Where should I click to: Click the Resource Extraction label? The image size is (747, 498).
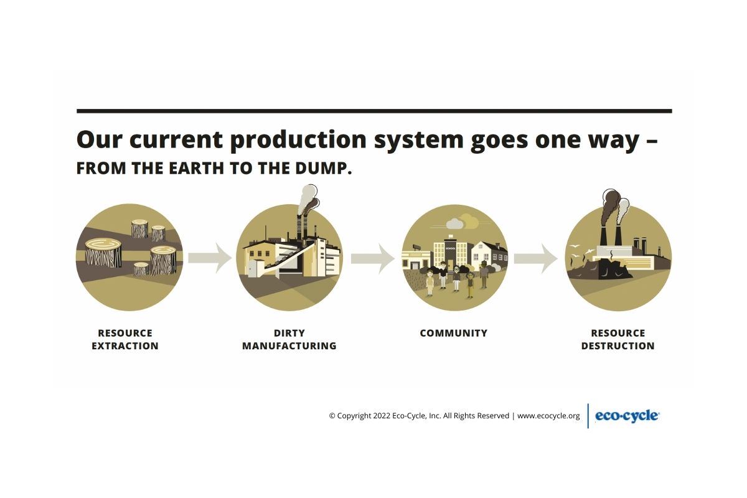pos(125,339)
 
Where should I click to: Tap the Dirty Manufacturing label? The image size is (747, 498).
pos(289,339)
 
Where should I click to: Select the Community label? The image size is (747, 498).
pos(454,333)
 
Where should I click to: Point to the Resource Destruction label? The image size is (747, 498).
pos(618,339)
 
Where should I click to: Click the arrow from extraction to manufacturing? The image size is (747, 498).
pos(210,258)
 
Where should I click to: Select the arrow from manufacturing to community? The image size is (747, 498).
pos(373,258)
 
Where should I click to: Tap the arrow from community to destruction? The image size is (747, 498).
pos(535,258)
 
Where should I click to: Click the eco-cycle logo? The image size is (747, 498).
pos(627,416)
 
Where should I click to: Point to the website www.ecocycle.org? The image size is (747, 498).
pos(548,416)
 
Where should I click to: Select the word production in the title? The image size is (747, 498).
pos(298,140)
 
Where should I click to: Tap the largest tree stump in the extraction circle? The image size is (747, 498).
pos(103,253)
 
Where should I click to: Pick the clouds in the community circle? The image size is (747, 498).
pos(461,222)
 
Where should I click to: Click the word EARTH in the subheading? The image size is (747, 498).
pos(196,169)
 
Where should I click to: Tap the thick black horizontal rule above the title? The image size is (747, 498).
pos(374,111)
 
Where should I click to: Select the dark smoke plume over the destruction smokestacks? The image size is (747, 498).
pos(610,207)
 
